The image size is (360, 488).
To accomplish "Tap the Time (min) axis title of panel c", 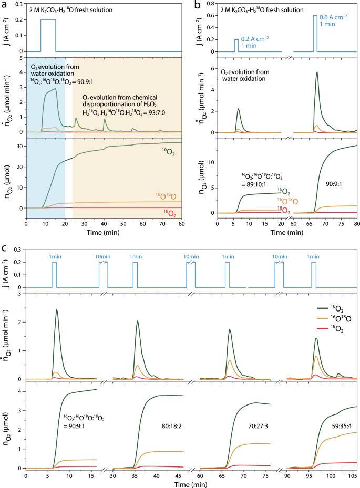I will click(191, 484).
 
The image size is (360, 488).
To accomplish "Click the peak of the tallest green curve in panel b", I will click(317, 72).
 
